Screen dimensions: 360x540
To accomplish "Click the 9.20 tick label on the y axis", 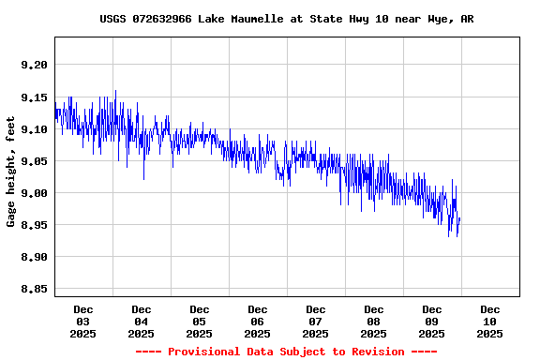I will pyautogui.click(x=32, y=65).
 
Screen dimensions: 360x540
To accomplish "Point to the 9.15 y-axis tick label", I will pyautogui.click(x=32, y=97).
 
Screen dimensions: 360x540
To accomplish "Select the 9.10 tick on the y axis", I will pyautogui.click(x=32, y=129).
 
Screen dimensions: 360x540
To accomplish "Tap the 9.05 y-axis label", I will pyautogui.click(x=32, y=161).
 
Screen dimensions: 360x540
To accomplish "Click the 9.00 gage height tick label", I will pyautogui.click(x=32, y=193).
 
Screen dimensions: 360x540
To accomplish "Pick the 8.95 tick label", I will pyautogui.click(x=32, y=225).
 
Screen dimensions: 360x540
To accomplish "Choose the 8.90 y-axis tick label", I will pyautogui.click(x=32, y=257).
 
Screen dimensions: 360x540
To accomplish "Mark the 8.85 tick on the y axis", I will pyautogui.click(x=32, y=289).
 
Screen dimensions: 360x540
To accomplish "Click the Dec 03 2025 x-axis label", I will pyautogui.click(x=83, y=321).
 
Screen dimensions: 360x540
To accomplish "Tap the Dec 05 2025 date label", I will pyautogui.click(x=200, y=321).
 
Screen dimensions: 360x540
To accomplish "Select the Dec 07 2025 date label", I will pyautogui.click(x=316, y=321).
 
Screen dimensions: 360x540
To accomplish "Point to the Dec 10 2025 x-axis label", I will pyautogui.click(x=490, y=321).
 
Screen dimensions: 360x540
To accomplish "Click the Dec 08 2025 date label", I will pyautogui.click(x=374, y=321).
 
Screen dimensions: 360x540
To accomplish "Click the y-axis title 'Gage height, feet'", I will pyautogui.click(x=11, y=172).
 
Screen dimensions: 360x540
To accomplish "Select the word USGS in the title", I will pyautogui.click(x=112, y=19).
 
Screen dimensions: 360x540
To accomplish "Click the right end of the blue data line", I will pyautogui.click(x=459, y=219).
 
